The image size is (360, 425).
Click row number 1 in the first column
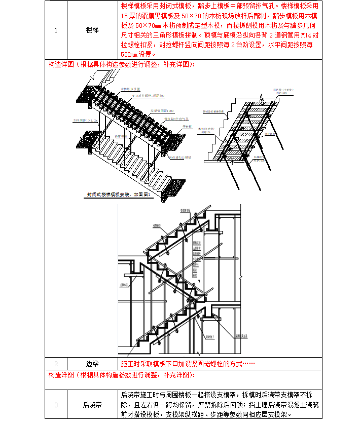coord(56,30)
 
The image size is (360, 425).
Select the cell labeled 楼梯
coord(92,30)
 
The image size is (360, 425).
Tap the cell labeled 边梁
coord(92,364)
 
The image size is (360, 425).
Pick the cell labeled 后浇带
coord(92,405)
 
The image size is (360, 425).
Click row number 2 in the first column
coord(56,364)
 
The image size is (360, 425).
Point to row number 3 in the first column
coord(56,405)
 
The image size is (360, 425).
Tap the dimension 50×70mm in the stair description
coord(148,26)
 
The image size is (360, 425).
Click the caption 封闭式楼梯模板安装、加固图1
coord(120,194)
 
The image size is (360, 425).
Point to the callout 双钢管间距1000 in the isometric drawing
coord(163,110)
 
